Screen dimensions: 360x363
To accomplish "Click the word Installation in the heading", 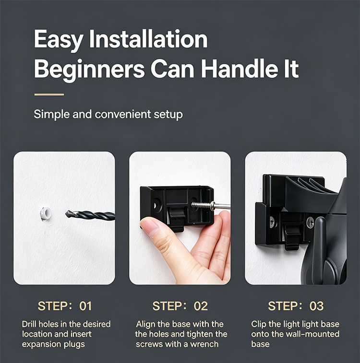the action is click(148, 39).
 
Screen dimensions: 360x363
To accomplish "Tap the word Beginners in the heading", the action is click(89, 69).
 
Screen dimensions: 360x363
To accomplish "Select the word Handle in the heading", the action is click(240, 69).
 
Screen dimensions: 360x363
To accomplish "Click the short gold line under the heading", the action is click(49, 94).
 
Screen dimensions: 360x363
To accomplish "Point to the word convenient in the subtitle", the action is click(123, 114).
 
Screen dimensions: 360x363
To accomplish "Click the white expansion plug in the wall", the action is click(46, 213).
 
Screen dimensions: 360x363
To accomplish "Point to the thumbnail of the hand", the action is click(149, 227).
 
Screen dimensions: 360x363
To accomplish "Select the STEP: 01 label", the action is click(65, 306).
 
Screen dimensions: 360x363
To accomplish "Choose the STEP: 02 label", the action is click(180, 306).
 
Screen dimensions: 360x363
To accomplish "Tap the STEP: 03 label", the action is click(296, 306).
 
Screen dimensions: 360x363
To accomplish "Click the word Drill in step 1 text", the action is click(29, 324).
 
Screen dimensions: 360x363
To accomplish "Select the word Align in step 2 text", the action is click(146, 324).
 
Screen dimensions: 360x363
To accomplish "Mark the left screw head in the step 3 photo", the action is click(272, 222).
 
